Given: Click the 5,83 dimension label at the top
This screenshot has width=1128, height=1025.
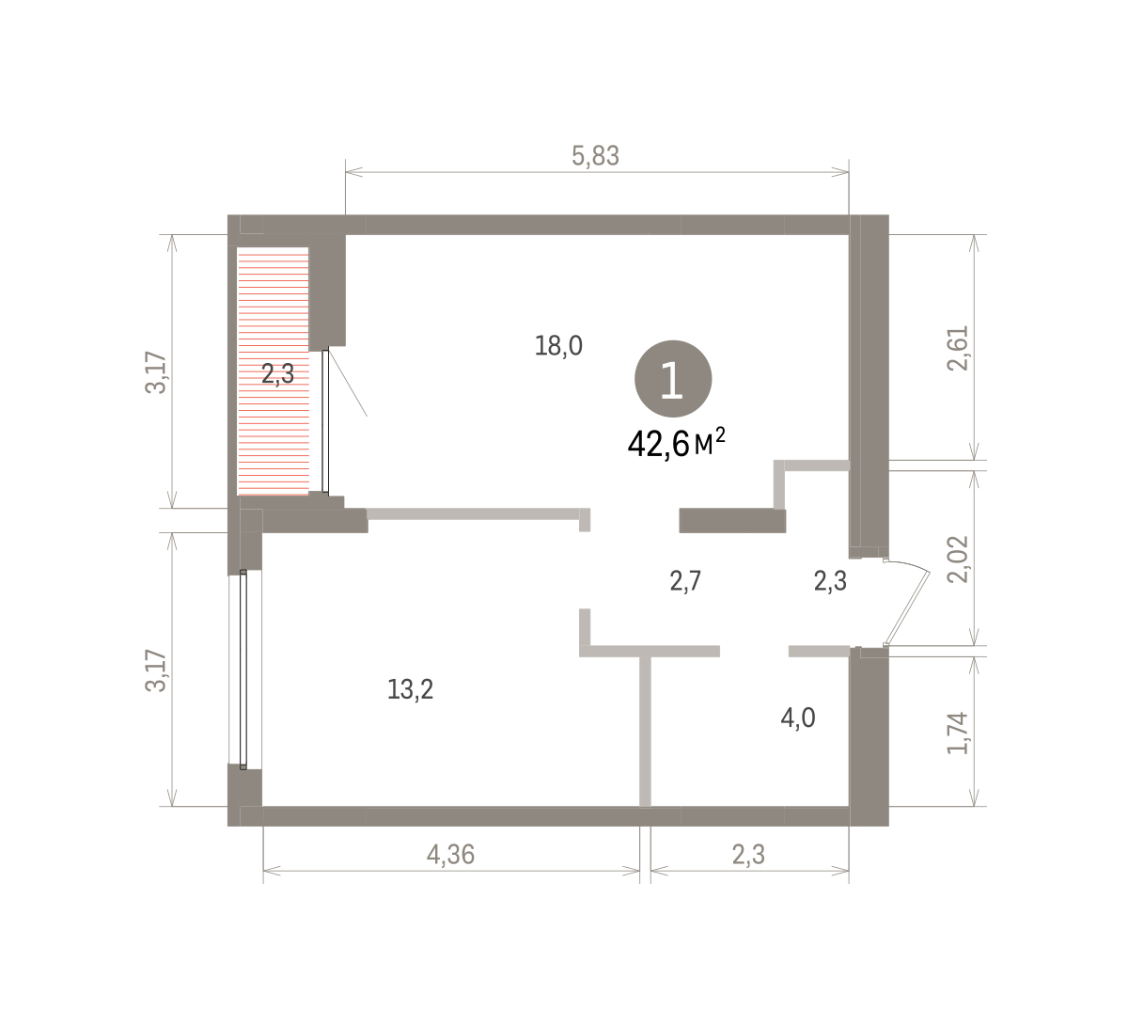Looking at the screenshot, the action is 595,156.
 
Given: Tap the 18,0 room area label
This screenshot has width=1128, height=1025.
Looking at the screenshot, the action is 558,345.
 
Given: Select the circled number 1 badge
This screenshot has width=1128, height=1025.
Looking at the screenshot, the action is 673,379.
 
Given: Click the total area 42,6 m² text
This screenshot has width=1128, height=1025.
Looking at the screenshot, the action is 676,444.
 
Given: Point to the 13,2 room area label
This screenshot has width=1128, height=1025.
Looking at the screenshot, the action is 411,689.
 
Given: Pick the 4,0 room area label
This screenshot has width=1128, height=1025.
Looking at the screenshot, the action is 798,717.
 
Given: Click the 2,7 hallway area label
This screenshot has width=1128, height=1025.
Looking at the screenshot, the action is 685,581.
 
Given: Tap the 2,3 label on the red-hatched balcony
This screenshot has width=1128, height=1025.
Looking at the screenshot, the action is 278,373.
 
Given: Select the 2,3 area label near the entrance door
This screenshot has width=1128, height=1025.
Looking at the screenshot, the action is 830,581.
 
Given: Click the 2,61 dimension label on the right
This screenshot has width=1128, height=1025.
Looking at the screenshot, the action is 958,348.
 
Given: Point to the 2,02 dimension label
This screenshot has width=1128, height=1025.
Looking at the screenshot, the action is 958,560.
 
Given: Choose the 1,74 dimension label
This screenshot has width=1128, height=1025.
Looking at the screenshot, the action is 958,733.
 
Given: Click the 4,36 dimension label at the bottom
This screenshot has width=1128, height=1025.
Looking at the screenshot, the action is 450,855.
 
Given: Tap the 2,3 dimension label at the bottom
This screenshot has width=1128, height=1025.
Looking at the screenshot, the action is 748,855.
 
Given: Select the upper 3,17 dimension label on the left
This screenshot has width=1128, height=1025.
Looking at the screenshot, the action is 156,372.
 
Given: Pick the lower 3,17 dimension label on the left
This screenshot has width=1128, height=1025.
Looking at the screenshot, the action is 156,670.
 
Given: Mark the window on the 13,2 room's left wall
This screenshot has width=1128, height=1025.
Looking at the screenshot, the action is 243,670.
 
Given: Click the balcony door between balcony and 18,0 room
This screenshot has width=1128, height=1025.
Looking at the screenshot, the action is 325,421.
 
